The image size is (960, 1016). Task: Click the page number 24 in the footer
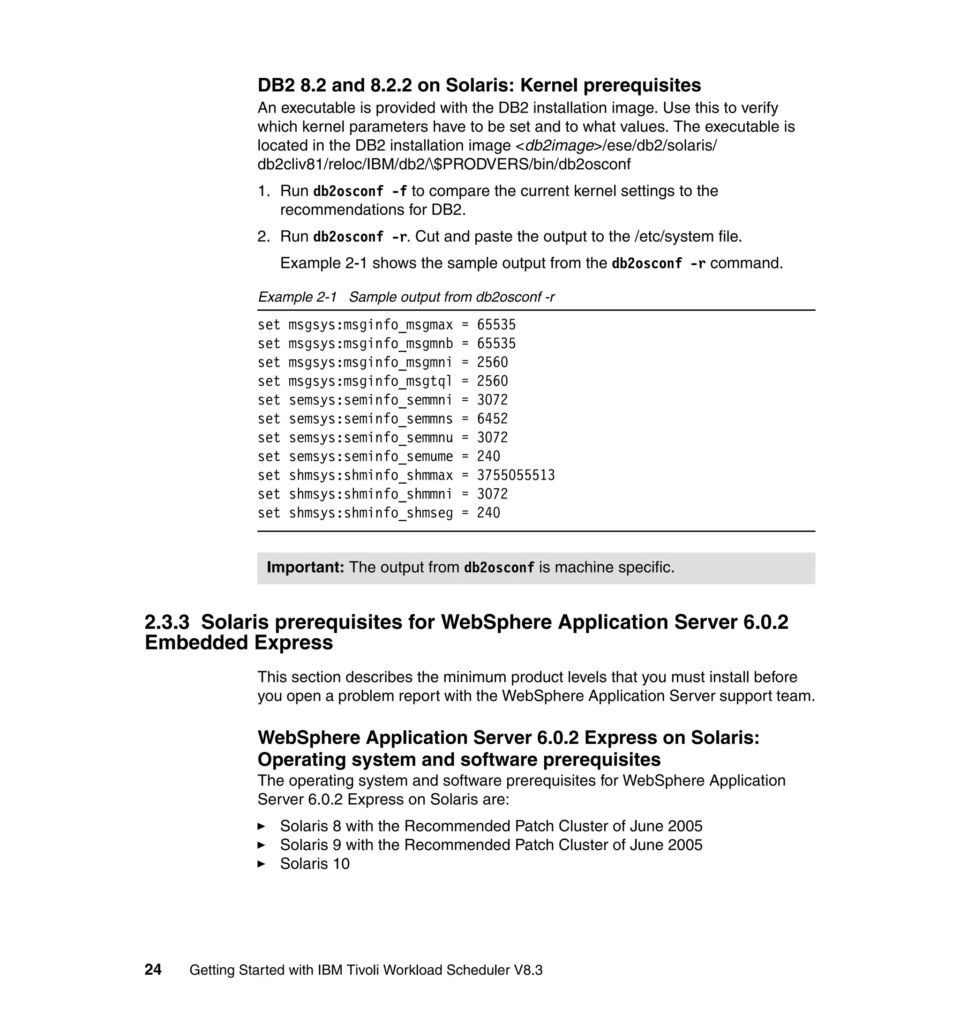click(x=153, y=970)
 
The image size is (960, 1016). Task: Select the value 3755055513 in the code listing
click(x=515, y=475)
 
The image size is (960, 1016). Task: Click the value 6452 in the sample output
click(x=492, y=418)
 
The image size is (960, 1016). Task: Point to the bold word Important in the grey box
click(x=305, y=568)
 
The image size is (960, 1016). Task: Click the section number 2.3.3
click(x=167, y=622)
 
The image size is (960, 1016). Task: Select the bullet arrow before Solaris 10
click(x=261, y=864)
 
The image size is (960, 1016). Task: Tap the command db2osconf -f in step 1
click(x=360, y=191)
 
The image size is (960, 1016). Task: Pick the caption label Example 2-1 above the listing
click(x=297, y=297)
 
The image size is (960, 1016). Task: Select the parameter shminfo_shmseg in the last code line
click(x=398, y=513)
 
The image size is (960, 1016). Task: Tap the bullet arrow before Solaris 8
click(x=261, y=826)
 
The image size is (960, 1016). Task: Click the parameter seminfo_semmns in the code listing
click(x=398, y=418)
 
